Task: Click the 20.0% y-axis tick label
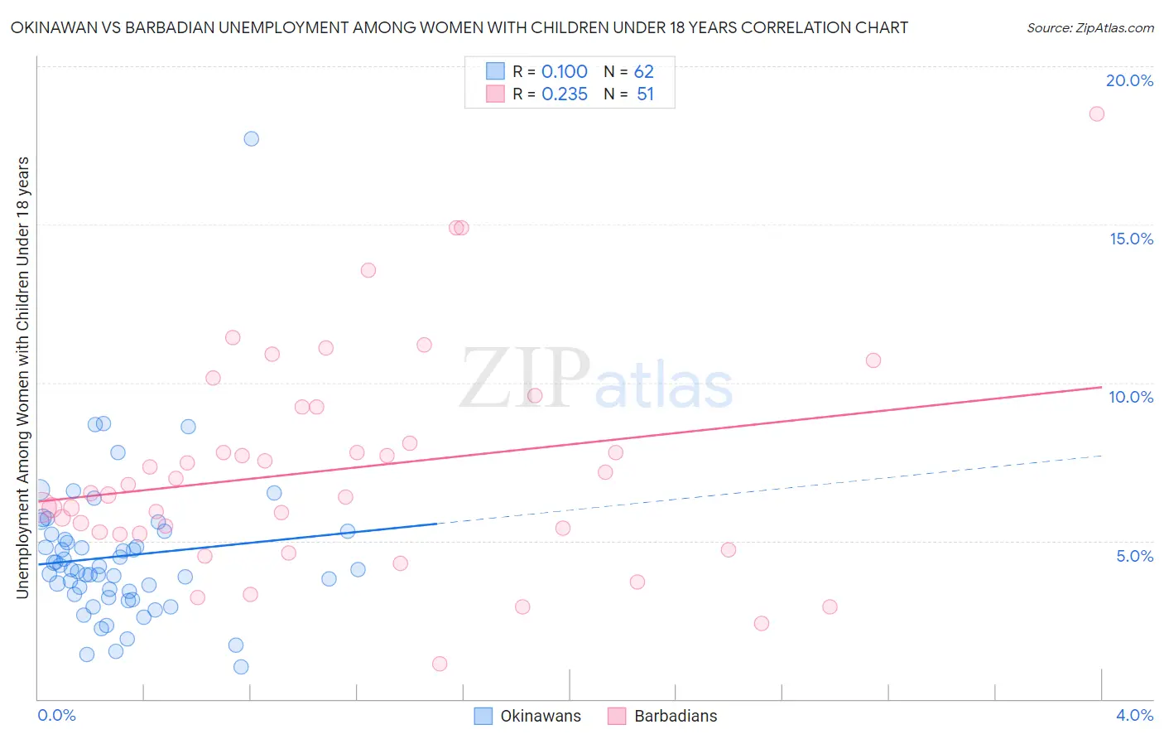click(x=1129, y=80)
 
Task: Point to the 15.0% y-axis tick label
click(x=1131, y=239)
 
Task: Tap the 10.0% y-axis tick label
click(x=1131, y=397)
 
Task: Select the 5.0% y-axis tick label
click(x=1134, y=556)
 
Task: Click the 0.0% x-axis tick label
click(x=56, y=715)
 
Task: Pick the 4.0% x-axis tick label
click(x=1134, y=715)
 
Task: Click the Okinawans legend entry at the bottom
click(x=527, y=716)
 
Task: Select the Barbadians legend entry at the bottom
click(x=662, y=716)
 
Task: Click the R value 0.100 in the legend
click(x=564, y=72)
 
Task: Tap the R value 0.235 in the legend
click(x=564, y=94)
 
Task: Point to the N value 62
click(x=643, y=72)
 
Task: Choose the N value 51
click(x=645, y=94)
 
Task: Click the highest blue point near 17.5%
click(x=251, y=138)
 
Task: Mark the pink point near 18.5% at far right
click(x=1096, y=114)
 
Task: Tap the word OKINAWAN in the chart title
click(x=51, y=27)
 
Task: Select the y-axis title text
click(x=22, y=377)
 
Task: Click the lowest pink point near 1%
click(x=440, y=664)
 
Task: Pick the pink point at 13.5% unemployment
click(x=368, y=270)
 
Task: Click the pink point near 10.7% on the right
click(x=873, y=360)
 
